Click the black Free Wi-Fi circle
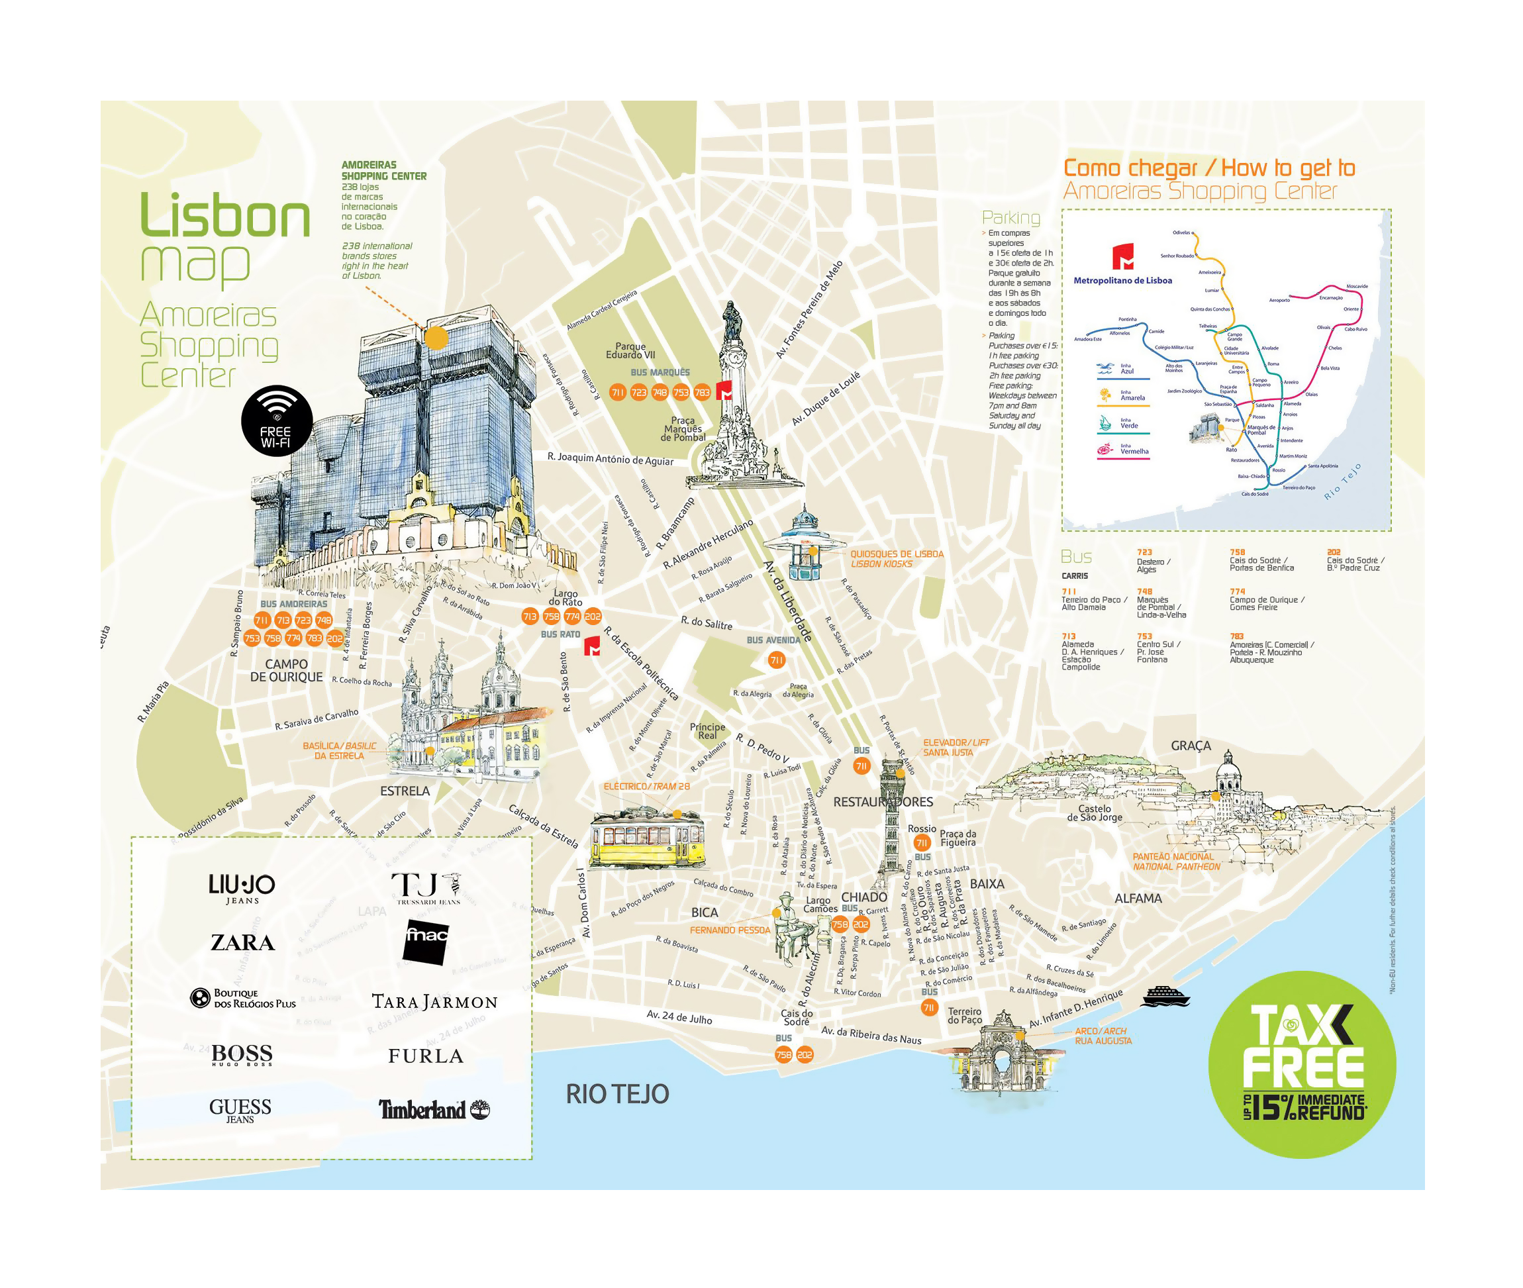277,421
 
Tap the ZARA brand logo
242,942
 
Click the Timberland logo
433,1110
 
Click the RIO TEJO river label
617,1094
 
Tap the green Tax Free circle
1302,1064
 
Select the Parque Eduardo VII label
630,350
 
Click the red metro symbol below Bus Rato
592,646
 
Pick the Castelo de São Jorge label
1094,813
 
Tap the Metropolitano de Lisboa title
1122,280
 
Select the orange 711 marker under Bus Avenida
776,660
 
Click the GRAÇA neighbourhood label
1190,746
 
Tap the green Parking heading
1010,218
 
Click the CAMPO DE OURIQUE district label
286,670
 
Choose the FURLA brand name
426,1056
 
